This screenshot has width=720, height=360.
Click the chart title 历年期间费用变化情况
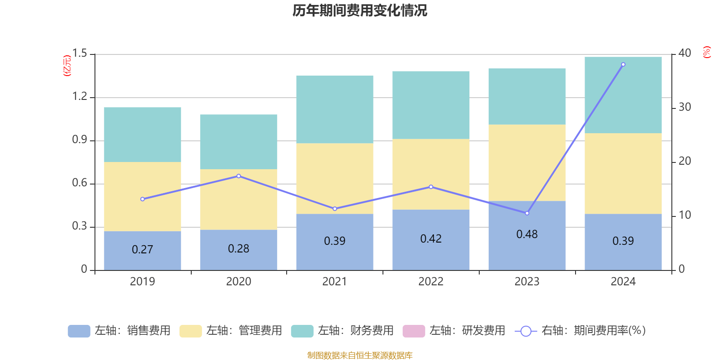coord(360,10)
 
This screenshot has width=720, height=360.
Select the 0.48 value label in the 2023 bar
coord(527,234)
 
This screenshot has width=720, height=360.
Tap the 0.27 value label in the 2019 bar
coord(142,250)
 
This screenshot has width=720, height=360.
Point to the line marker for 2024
coord(623,64)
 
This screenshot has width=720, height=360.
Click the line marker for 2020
coord(238,176)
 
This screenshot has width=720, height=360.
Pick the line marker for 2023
coord(527,213)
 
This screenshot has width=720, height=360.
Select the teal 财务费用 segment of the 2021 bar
coord(335,109)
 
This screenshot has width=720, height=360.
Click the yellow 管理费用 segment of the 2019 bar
coord(142,196)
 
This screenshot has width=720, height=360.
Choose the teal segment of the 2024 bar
coord(623,95)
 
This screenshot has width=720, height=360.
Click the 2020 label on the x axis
coord(238,282)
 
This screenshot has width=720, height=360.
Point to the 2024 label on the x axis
coord(623,282)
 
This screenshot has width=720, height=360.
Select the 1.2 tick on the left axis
coord(80,97)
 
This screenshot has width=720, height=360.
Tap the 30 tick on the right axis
coord(684,107)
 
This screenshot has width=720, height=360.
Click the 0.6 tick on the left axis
coord(80,183)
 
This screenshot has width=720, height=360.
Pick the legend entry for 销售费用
coord(120,331)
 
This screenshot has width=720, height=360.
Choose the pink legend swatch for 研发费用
coord(414,331)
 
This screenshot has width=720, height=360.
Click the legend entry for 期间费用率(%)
coord(580,331)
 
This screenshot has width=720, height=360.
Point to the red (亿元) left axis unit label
coord(67,66)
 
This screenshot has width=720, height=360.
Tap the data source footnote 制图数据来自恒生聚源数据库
coord(360,355)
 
